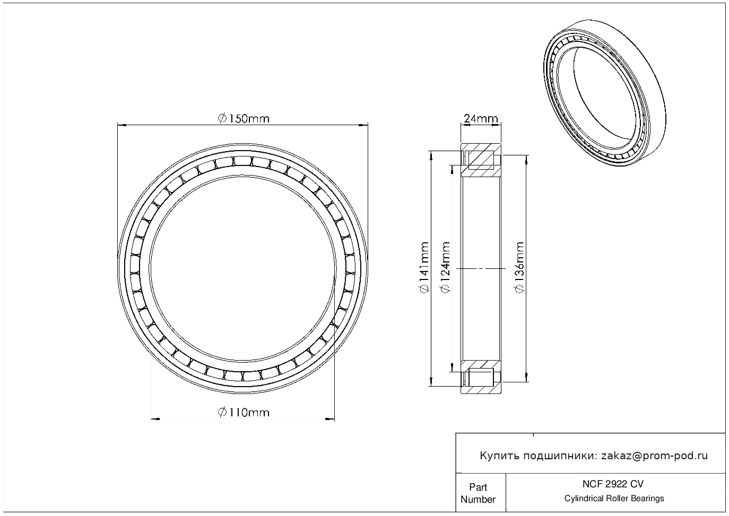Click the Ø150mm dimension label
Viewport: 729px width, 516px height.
244,118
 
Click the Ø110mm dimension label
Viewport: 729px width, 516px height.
244,412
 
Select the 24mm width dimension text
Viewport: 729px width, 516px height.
481,119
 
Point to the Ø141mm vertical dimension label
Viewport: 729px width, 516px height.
424,268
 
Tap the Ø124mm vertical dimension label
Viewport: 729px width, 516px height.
445,268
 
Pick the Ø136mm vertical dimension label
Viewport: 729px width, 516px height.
519,268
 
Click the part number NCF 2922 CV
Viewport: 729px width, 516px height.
613,484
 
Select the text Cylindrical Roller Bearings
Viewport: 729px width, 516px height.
614,498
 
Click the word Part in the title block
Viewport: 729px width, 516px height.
478,487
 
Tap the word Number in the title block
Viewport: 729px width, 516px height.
478,499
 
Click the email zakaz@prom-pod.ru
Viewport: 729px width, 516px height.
654,456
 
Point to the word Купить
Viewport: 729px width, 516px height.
500,456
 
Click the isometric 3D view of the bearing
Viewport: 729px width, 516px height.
605,93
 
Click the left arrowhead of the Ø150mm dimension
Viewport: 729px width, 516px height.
121,125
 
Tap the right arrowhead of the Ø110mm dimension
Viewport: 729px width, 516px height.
330,419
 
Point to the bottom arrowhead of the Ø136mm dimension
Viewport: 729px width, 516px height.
526,377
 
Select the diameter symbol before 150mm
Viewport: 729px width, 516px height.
222,118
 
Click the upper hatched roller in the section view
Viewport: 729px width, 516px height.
480,160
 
